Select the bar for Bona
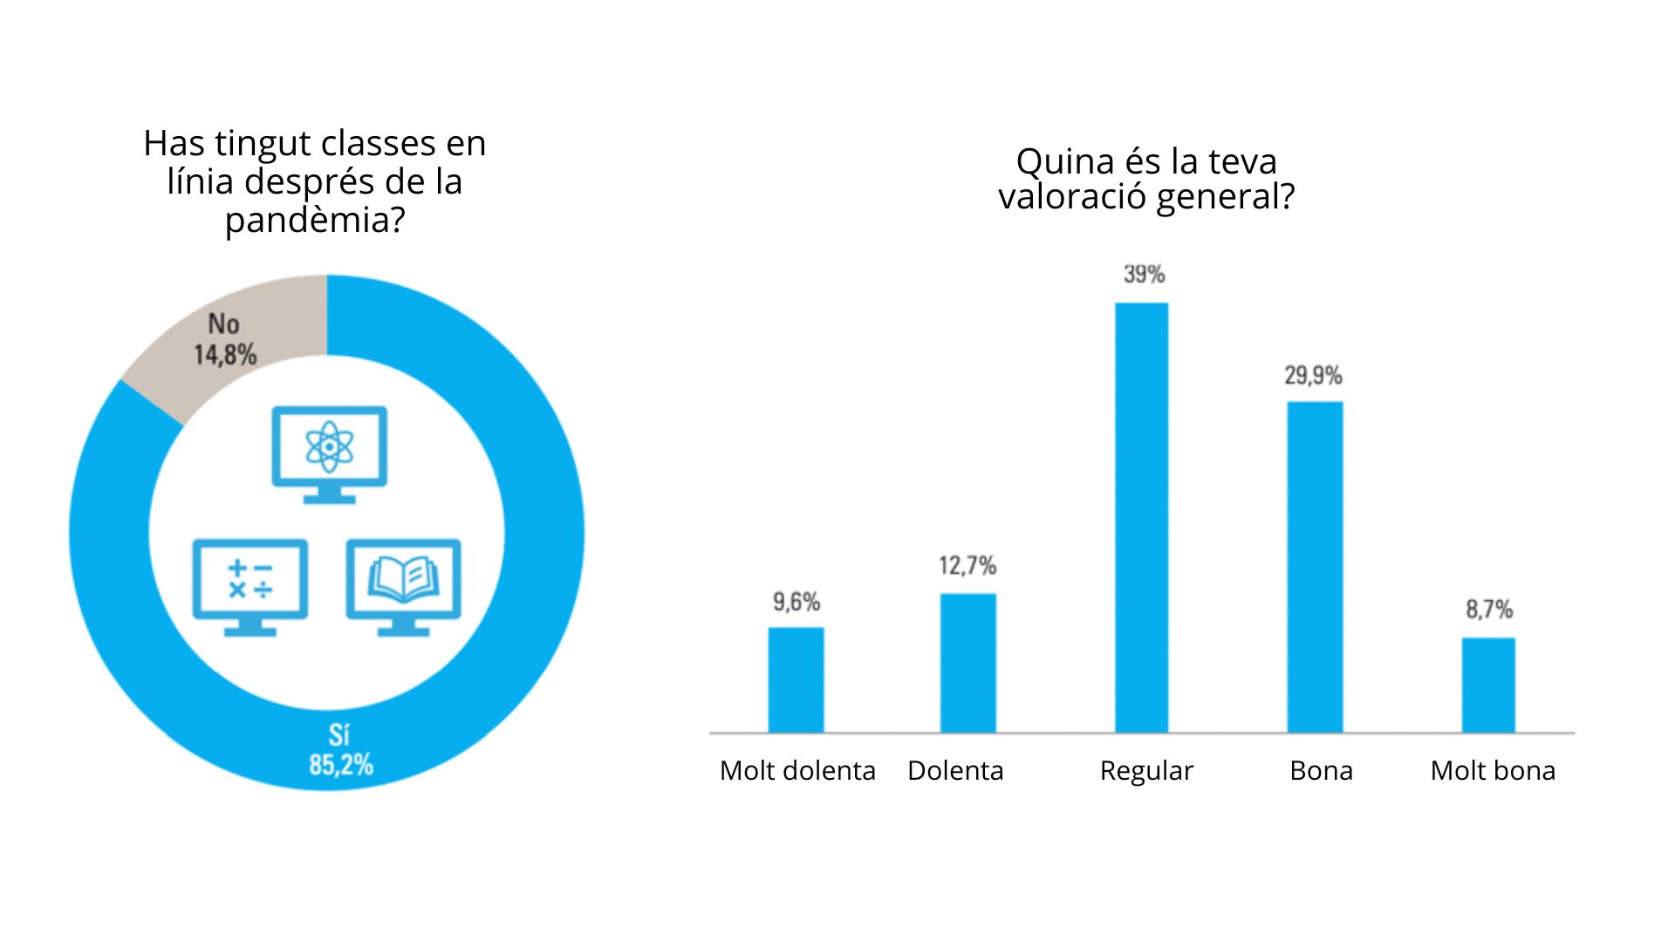[1315, 567]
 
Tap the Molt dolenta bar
[796, 679]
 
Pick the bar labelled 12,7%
[967, 663]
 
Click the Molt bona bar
[1488, 685]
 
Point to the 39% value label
[1144, 274]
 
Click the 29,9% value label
[1313, 376]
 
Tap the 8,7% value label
[1488, 609]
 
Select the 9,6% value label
[796, 602]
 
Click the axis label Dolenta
[955, 771]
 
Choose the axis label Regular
[1145, 771]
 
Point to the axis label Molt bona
[1493, 771]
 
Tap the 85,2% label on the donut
[341, 765]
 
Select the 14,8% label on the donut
[225, 355]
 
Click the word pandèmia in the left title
[314, 220]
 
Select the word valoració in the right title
[1072, 197]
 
